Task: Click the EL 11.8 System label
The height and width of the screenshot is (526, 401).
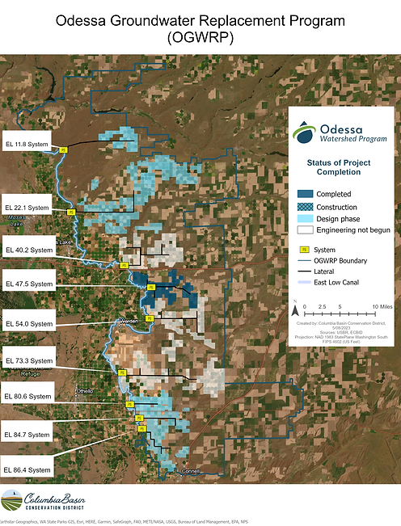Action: click(x=27, y=145)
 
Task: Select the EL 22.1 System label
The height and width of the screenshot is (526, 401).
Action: click(x=27, y=208)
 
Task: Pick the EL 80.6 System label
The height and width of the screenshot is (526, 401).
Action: click(x=27, y=397)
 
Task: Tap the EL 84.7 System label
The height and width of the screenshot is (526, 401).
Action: click(x=27, y=435)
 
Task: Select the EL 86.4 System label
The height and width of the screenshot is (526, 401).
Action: click(x=27, y=469)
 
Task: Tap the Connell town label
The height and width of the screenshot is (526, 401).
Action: click(x=192, y=470)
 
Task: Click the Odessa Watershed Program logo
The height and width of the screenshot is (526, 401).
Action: click(x=340, y=133)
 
